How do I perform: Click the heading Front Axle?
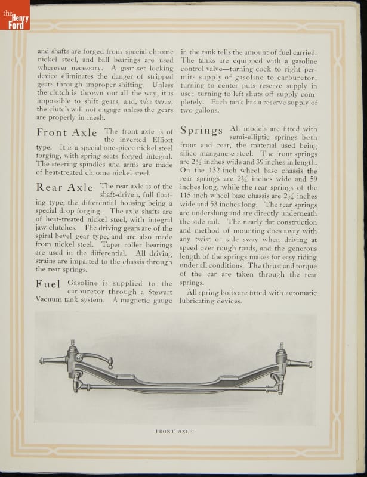[x=66, y=132]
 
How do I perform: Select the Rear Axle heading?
[x=64, y=187]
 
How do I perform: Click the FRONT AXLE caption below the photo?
[x=174, y=432]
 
